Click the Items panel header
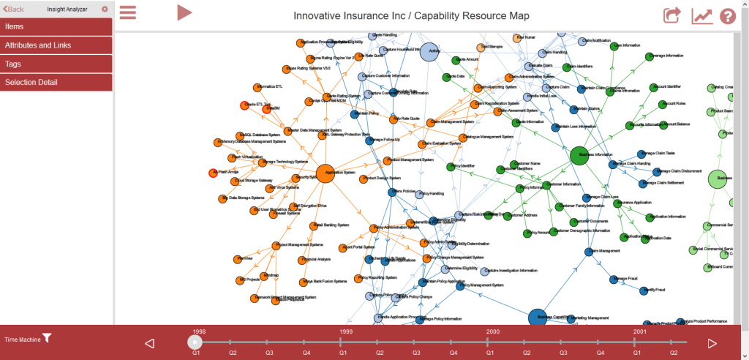(x=56, y=26)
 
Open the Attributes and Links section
(x=56, y=45)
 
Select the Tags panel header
(x=56, y=64)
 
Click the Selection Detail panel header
(x=56, y=82)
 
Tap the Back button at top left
(x=14, y=9)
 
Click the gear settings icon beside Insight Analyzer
(x=105, y=9)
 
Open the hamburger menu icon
(x=128, y=13)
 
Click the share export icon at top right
(x=671, y=15)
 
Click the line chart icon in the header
(x=701, y=15)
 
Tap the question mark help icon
(x=727, y=15)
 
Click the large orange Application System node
(x=325, y=173)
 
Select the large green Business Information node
(x=579, y=155)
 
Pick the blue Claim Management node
(x=589, y=251)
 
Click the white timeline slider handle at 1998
(x=195, y=342)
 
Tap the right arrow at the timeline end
(x=712, y=343)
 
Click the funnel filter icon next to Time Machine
(x=47, y=338)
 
